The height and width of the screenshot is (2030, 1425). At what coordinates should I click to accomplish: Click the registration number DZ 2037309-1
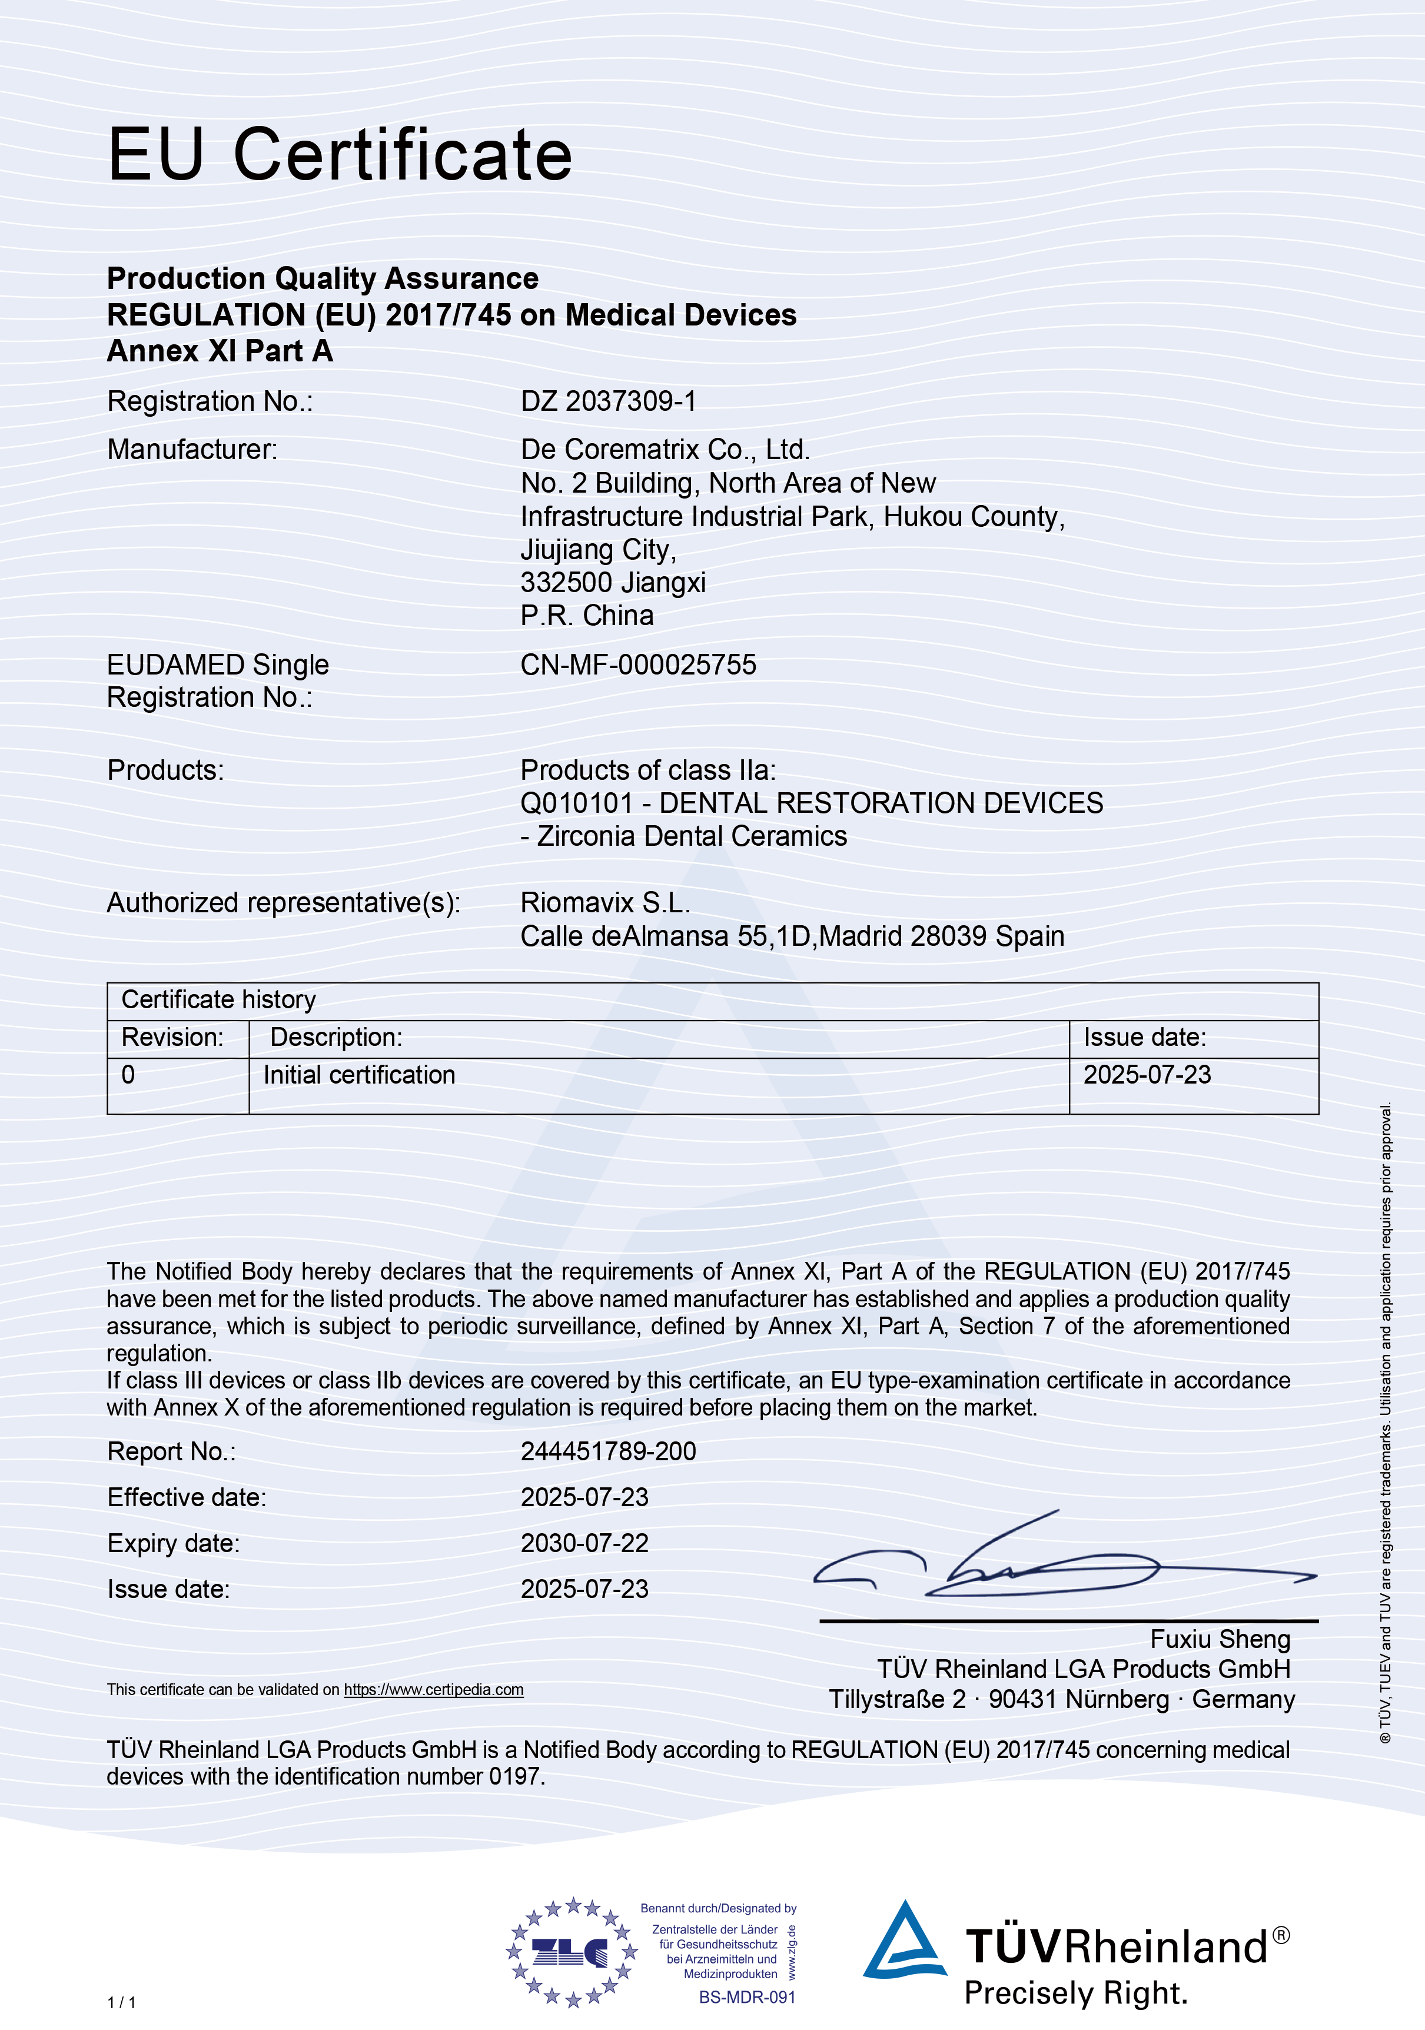tap(608, 401)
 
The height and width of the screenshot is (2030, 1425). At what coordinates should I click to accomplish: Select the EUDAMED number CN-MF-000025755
tap(637, 665)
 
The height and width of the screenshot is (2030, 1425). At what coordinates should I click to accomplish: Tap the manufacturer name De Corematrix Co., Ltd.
tap(665, 450)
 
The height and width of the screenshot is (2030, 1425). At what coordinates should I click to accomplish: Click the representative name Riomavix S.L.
tap(604, 903)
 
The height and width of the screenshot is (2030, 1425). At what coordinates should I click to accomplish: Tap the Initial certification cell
tap(359, 1075)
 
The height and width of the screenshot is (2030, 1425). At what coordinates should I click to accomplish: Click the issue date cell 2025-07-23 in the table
tap(1147, 1075)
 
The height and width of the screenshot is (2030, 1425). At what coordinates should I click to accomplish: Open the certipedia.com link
tap(433, 1690)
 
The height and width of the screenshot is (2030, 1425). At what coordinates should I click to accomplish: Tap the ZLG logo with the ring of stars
tap(571, 1951)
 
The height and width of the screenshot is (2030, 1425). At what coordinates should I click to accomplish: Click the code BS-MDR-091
tap(747, 1997)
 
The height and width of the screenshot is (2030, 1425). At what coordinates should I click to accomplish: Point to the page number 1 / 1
tap(122, 2002)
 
